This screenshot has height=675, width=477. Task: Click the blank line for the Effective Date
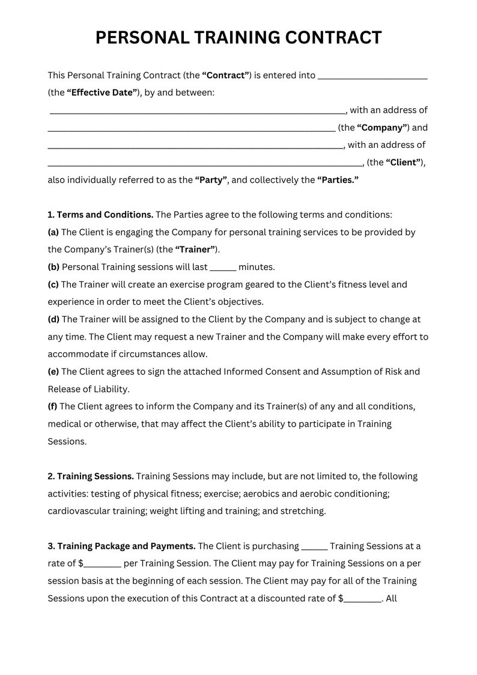tap(372, 76)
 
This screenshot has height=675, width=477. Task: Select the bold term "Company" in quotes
tap(383, 127)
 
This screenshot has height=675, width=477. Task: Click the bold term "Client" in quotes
tap(403, 162)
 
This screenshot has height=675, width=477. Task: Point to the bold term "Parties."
tap(338, 180)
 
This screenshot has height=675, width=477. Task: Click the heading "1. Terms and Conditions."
tap(100, 215)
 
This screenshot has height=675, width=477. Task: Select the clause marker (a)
tap(53, 232)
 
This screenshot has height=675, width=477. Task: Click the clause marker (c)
tap(53, 284)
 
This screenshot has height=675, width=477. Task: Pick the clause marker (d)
tap(53, 319)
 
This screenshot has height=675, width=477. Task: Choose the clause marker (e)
tap(53, 371)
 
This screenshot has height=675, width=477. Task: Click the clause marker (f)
tap(53, 406)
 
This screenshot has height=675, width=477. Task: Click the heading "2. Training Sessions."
tap(91, 476)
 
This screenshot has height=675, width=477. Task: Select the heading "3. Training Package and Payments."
tap(121, 546)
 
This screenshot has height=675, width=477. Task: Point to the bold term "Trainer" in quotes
tap(195, 249)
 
